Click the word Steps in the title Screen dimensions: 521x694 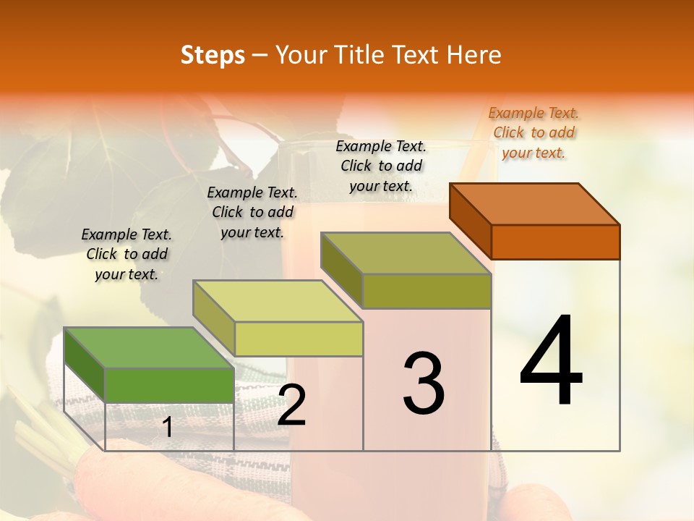(213, 55)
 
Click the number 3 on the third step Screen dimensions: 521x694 (423, 384)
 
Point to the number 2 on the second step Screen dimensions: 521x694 (291, 405)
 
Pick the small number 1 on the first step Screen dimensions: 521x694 (168, 428)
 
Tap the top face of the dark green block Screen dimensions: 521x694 (149, 347)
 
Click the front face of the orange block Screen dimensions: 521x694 (555, 242)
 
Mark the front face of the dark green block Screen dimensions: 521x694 (169, 385)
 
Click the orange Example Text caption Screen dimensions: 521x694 (534, 132)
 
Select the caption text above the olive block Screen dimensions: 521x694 (381, 166)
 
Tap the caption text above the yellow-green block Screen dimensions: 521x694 (252, 212)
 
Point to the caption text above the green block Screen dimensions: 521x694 (127, 254)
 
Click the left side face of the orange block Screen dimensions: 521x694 (471, 220)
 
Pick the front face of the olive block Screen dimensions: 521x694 (427, 291)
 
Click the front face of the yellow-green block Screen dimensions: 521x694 (298, 339)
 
